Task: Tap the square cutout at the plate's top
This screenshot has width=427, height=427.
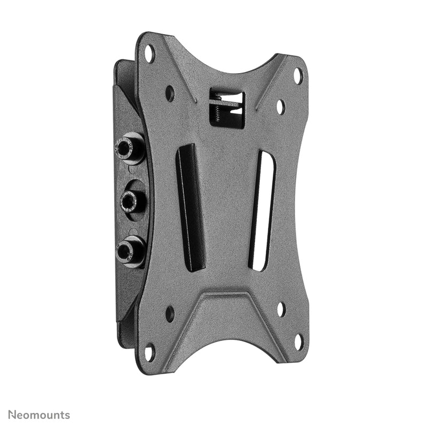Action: coord(227,109)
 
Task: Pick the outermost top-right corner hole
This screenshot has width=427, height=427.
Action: coord(298,76)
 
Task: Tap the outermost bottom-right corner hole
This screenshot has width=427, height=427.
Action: coord(299,342)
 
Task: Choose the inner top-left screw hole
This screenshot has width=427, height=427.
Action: coord(170,93)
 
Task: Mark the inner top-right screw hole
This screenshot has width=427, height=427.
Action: coord(280,107)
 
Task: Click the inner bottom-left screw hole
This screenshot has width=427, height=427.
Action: coord(170,314)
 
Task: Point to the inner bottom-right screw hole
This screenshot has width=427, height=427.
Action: coord(281,309)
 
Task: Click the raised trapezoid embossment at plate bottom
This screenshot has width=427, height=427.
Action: coord(224,320)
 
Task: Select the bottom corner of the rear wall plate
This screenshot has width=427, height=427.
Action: coord(124,342)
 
